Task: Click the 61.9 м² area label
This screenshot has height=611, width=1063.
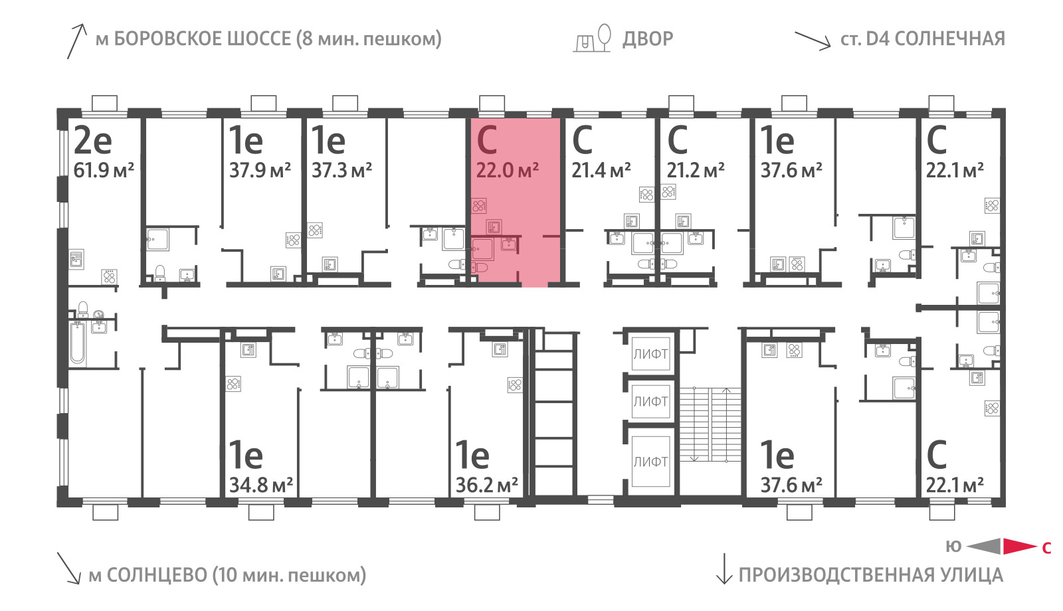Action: (104, 170)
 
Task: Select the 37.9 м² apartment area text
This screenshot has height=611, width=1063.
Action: (260, 170)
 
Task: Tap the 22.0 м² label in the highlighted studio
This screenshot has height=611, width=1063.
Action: (508, 170)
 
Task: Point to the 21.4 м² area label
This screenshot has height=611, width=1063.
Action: (601, 170)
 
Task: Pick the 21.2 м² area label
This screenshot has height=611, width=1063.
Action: (695, 170)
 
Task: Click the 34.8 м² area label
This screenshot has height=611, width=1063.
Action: (260, 485)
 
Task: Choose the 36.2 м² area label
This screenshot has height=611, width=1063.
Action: (486, 485)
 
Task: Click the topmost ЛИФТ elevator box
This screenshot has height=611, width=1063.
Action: (650, 354)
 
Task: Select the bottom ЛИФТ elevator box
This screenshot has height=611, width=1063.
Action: (650, 461)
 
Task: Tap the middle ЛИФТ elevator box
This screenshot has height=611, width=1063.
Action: (650, 401)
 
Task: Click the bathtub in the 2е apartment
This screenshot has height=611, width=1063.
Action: (77, 343)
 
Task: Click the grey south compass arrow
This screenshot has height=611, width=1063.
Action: (984, 547)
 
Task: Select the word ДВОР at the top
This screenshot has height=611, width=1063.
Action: (648, 39)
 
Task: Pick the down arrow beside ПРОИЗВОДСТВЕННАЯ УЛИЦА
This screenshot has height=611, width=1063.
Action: (724, 568)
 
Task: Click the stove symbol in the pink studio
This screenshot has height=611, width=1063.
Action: (479, 206)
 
